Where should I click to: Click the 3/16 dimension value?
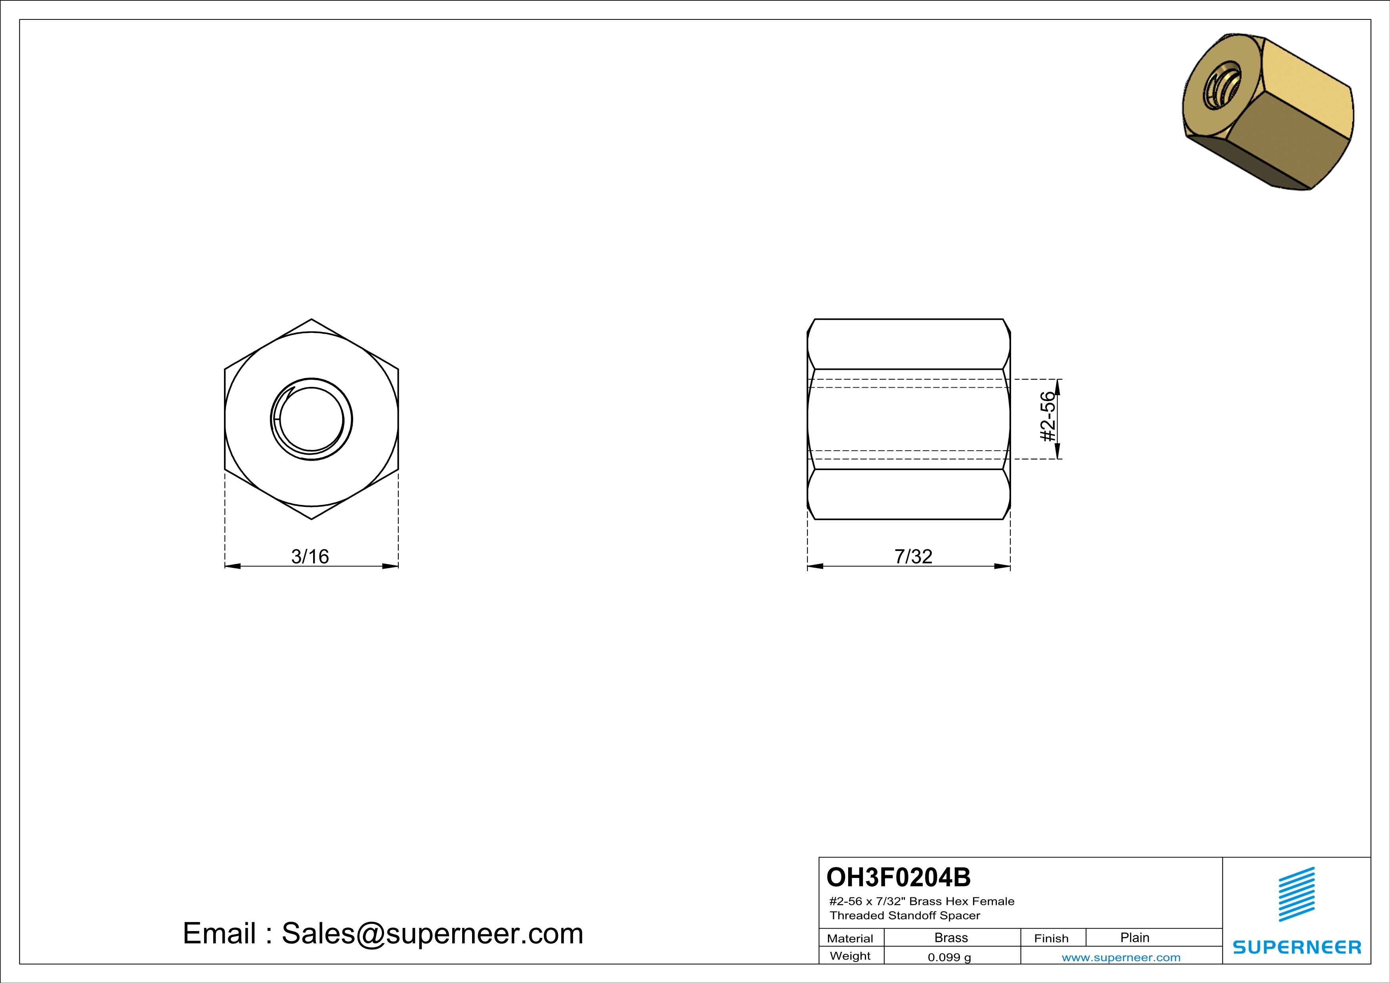(x=310, y=556)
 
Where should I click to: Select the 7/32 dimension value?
(x=914, y=556)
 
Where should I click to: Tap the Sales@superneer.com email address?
(x=432, y=933)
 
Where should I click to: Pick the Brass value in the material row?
(x=951, y=937)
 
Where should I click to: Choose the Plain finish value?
(x=1134, y=937)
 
